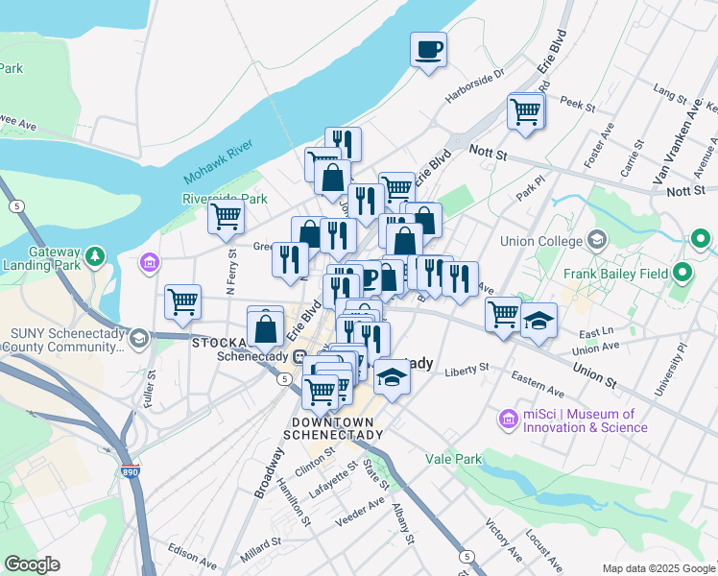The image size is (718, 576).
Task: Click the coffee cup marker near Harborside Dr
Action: (429, 49)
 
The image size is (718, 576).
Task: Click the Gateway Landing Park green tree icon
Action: (94, 256)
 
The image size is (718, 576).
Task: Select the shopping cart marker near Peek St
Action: (526, 111)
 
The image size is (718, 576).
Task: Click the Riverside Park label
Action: (225, 199)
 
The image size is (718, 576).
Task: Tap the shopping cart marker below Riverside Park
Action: (226, 217)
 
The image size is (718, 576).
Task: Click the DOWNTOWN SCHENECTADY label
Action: (337, 428)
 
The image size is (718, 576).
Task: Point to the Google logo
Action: (33, 564)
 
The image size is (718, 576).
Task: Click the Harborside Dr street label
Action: (474, 87)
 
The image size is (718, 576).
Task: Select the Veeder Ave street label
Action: (360, 516)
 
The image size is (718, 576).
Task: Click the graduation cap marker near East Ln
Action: (539, 321)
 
